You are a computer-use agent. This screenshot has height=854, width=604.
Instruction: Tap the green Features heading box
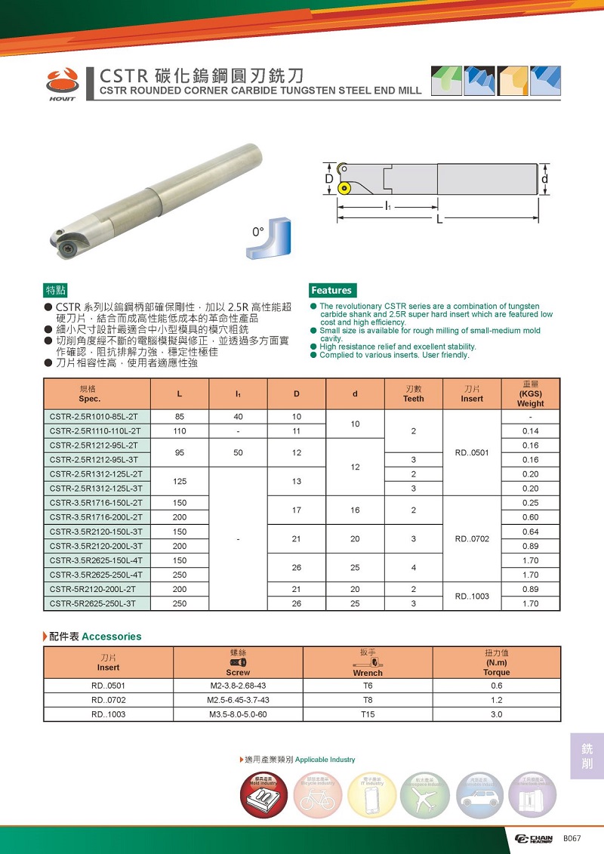(x=331, y=291)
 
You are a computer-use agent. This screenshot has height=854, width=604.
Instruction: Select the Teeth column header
(x=414, y=393)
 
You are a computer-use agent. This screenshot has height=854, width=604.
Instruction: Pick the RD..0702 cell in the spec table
(x=472, y=539)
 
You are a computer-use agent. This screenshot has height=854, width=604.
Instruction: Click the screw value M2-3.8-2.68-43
(x=238, y=686)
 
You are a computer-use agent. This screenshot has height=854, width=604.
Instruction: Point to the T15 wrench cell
(x=368, y=714)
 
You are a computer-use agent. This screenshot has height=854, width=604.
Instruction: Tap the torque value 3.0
(x=496, y=714)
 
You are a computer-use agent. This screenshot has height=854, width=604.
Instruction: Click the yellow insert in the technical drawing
(x=345, y=187)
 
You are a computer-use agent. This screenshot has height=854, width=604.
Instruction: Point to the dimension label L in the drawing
(x=439, y=219)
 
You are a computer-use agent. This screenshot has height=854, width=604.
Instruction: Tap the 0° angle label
(x=258, y=232)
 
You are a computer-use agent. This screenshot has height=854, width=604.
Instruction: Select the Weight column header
(x=530, y=393)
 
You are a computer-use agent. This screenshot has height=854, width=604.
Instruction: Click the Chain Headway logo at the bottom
(x=533, y=839)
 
